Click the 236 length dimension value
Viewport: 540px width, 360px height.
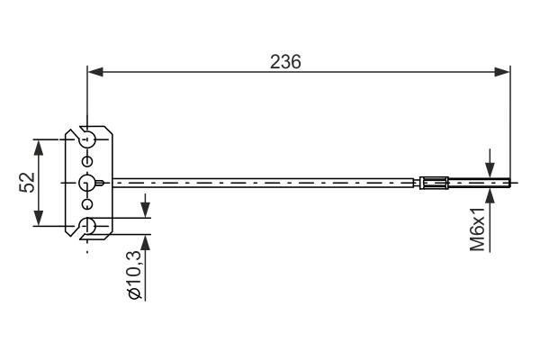point(285,60)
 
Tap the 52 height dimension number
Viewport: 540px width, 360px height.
point(27,183)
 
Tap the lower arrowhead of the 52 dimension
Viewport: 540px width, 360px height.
point(39,220)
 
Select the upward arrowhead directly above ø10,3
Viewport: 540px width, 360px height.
point(144,245)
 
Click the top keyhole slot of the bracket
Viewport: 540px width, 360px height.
point(87,139)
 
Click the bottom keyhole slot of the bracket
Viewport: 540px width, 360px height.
point(87,227)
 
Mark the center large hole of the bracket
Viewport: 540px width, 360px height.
point(86,183)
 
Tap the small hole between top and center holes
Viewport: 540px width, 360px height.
point(87,160)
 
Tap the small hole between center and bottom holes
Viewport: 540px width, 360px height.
point(87,205)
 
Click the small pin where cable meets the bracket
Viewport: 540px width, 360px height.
point(106,184)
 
